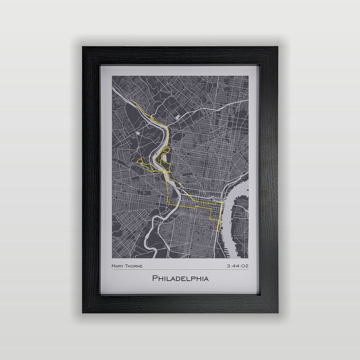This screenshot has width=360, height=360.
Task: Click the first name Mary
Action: (117, 266)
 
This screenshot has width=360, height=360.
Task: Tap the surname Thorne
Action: (133, 266)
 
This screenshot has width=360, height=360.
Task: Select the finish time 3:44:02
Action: (237, 266)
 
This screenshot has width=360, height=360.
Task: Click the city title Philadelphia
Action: (180, 278)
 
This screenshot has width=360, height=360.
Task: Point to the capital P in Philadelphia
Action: (155, 278)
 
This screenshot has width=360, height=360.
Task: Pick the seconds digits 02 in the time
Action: (245, 266)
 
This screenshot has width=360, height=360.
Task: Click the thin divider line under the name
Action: (180, 270)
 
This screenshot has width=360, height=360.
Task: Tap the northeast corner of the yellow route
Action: (222, 202)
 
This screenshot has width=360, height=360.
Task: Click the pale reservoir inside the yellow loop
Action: (164, 157)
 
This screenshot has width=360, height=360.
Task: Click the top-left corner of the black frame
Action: (83, 47)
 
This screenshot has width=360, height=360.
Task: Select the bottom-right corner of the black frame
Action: (277, 312)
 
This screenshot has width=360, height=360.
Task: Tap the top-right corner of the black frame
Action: (277, 47)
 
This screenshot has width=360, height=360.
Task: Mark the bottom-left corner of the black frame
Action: (83, 312)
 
